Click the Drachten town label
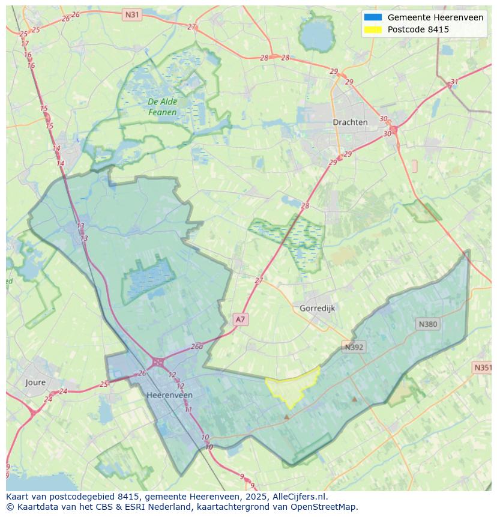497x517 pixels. coord(350,122)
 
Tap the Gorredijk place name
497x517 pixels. coord(317,308)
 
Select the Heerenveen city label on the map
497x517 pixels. coord(170,395)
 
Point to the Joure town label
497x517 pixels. coord(35,382)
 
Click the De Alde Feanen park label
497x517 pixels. coord(163,107)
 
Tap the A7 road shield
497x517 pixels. coord(240,319)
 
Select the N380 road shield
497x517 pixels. coord(427,324)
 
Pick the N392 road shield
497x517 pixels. coord(354,347)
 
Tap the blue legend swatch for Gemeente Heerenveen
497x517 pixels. coord(372,17)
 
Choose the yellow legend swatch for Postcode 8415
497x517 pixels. coord(372,29)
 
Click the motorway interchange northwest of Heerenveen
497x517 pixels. coord(158,362)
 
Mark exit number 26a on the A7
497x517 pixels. coord(197,347)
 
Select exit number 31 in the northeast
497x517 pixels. coord(454,82)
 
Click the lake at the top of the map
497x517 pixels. coord(316,35)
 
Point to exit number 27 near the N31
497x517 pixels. coord(191,26)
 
